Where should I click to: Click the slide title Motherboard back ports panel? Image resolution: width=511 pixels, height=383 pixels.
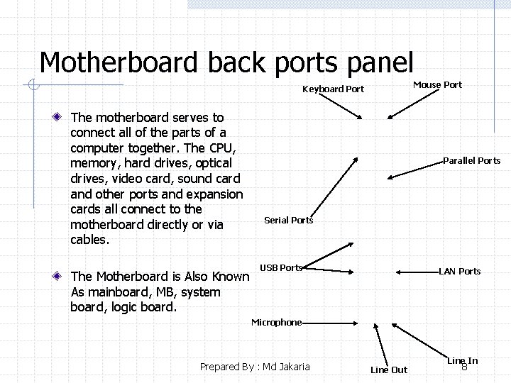[x=226, y=62]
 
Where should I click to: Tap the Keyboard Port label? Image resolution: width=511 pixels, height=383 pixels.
[x=333, y=89]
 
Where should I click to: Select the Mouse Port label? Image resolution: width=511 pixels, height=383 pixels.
[x=437, y=85]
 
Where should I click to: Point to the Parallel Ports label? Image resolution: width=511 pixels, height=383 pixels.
[x=472, y=161]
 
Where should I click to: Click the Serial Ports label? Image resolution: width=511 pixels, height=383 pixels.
[x=288, y=221]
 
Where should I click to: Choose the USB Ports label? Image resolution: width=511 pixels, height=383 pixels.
[x=281, y=268]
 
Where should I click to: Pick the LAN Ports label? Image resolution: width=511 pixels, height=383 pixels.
[x=460, y=272]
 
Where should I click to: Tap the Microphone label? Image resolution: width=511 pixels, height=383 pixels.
[x=276, y=323]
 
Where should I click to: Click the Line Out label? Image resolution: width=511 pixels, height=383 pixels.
[x=389, y=370]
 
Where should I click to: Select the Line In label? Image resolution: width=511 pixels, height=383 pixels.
[x=462, y=360]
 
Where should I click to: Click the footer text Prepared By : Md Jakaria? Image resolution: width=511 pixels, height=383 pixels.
[x=255, y=367]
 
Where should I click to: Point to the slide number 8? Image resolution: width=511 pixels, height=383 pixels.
[x=465, y=367]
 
